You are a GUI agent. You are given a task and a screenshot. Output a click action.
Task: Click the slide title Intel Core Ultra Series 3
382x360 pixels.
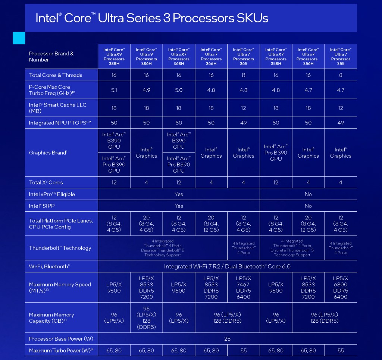coord(151,18)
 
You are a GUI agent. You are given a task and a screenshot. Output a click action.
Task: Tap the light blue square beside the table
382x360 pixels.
coord(19,38)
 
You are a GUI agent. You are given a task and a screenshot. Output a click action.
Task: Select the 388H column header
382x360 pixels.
coord(114,56)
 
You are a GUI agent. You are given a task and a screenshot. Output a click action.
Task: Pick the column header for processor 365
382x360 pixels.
coord(244,56)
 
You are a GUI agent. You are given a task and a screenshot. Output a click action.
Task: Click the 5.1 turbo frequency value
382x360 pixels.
coord(114,90)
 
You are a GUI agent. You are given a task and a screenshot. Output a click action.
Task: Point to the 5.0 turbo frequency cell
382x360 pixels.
coord(179,90)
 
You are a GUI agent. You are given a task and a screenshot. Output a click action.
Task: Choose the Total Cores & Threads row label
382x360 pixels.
coord(56,75)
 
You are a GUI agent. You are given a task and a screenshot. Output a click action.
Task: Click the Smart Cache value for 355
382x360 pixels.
coord(341,108)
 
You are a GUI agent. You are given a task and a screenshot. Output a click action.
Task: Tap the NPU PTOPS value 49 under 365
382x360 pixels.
coord(244,123)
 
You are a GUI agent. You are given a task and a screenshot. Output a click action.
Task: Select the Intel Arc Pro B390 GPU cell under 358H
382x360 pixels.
coord(276,152)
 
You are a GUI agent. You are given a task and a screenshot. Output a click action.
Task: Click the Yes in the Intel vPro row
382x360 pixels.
coord(179,194)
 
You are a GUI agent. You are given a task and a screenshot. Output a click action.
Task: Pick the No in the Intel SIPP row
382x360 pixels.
coord(308,206)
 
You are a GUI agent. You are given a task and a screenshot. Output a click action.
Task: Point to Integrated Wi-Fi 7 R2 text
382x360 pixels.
coord(227,266)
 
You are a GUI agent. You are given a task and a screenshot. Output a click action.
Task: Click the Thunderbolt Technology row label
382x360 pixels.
coord(60,248)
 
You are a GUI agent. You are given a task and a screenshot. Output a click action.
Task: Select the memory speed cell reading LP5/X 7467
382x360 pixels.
coord(244,287)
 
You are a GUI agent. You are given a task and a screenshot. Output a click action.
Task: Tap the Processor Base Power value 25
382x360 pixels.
coord(227,339)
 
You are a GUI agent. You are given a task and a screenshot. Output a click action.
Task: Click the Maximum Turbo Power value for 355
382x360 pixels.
coord(341,350)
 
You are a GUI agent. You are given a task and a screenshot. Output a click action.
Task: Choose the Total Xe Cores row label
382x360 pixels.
coord(46,182)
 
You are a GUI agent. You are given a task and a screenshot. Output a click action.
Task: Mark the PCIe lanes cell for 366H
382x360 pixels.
coord(211,224)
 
